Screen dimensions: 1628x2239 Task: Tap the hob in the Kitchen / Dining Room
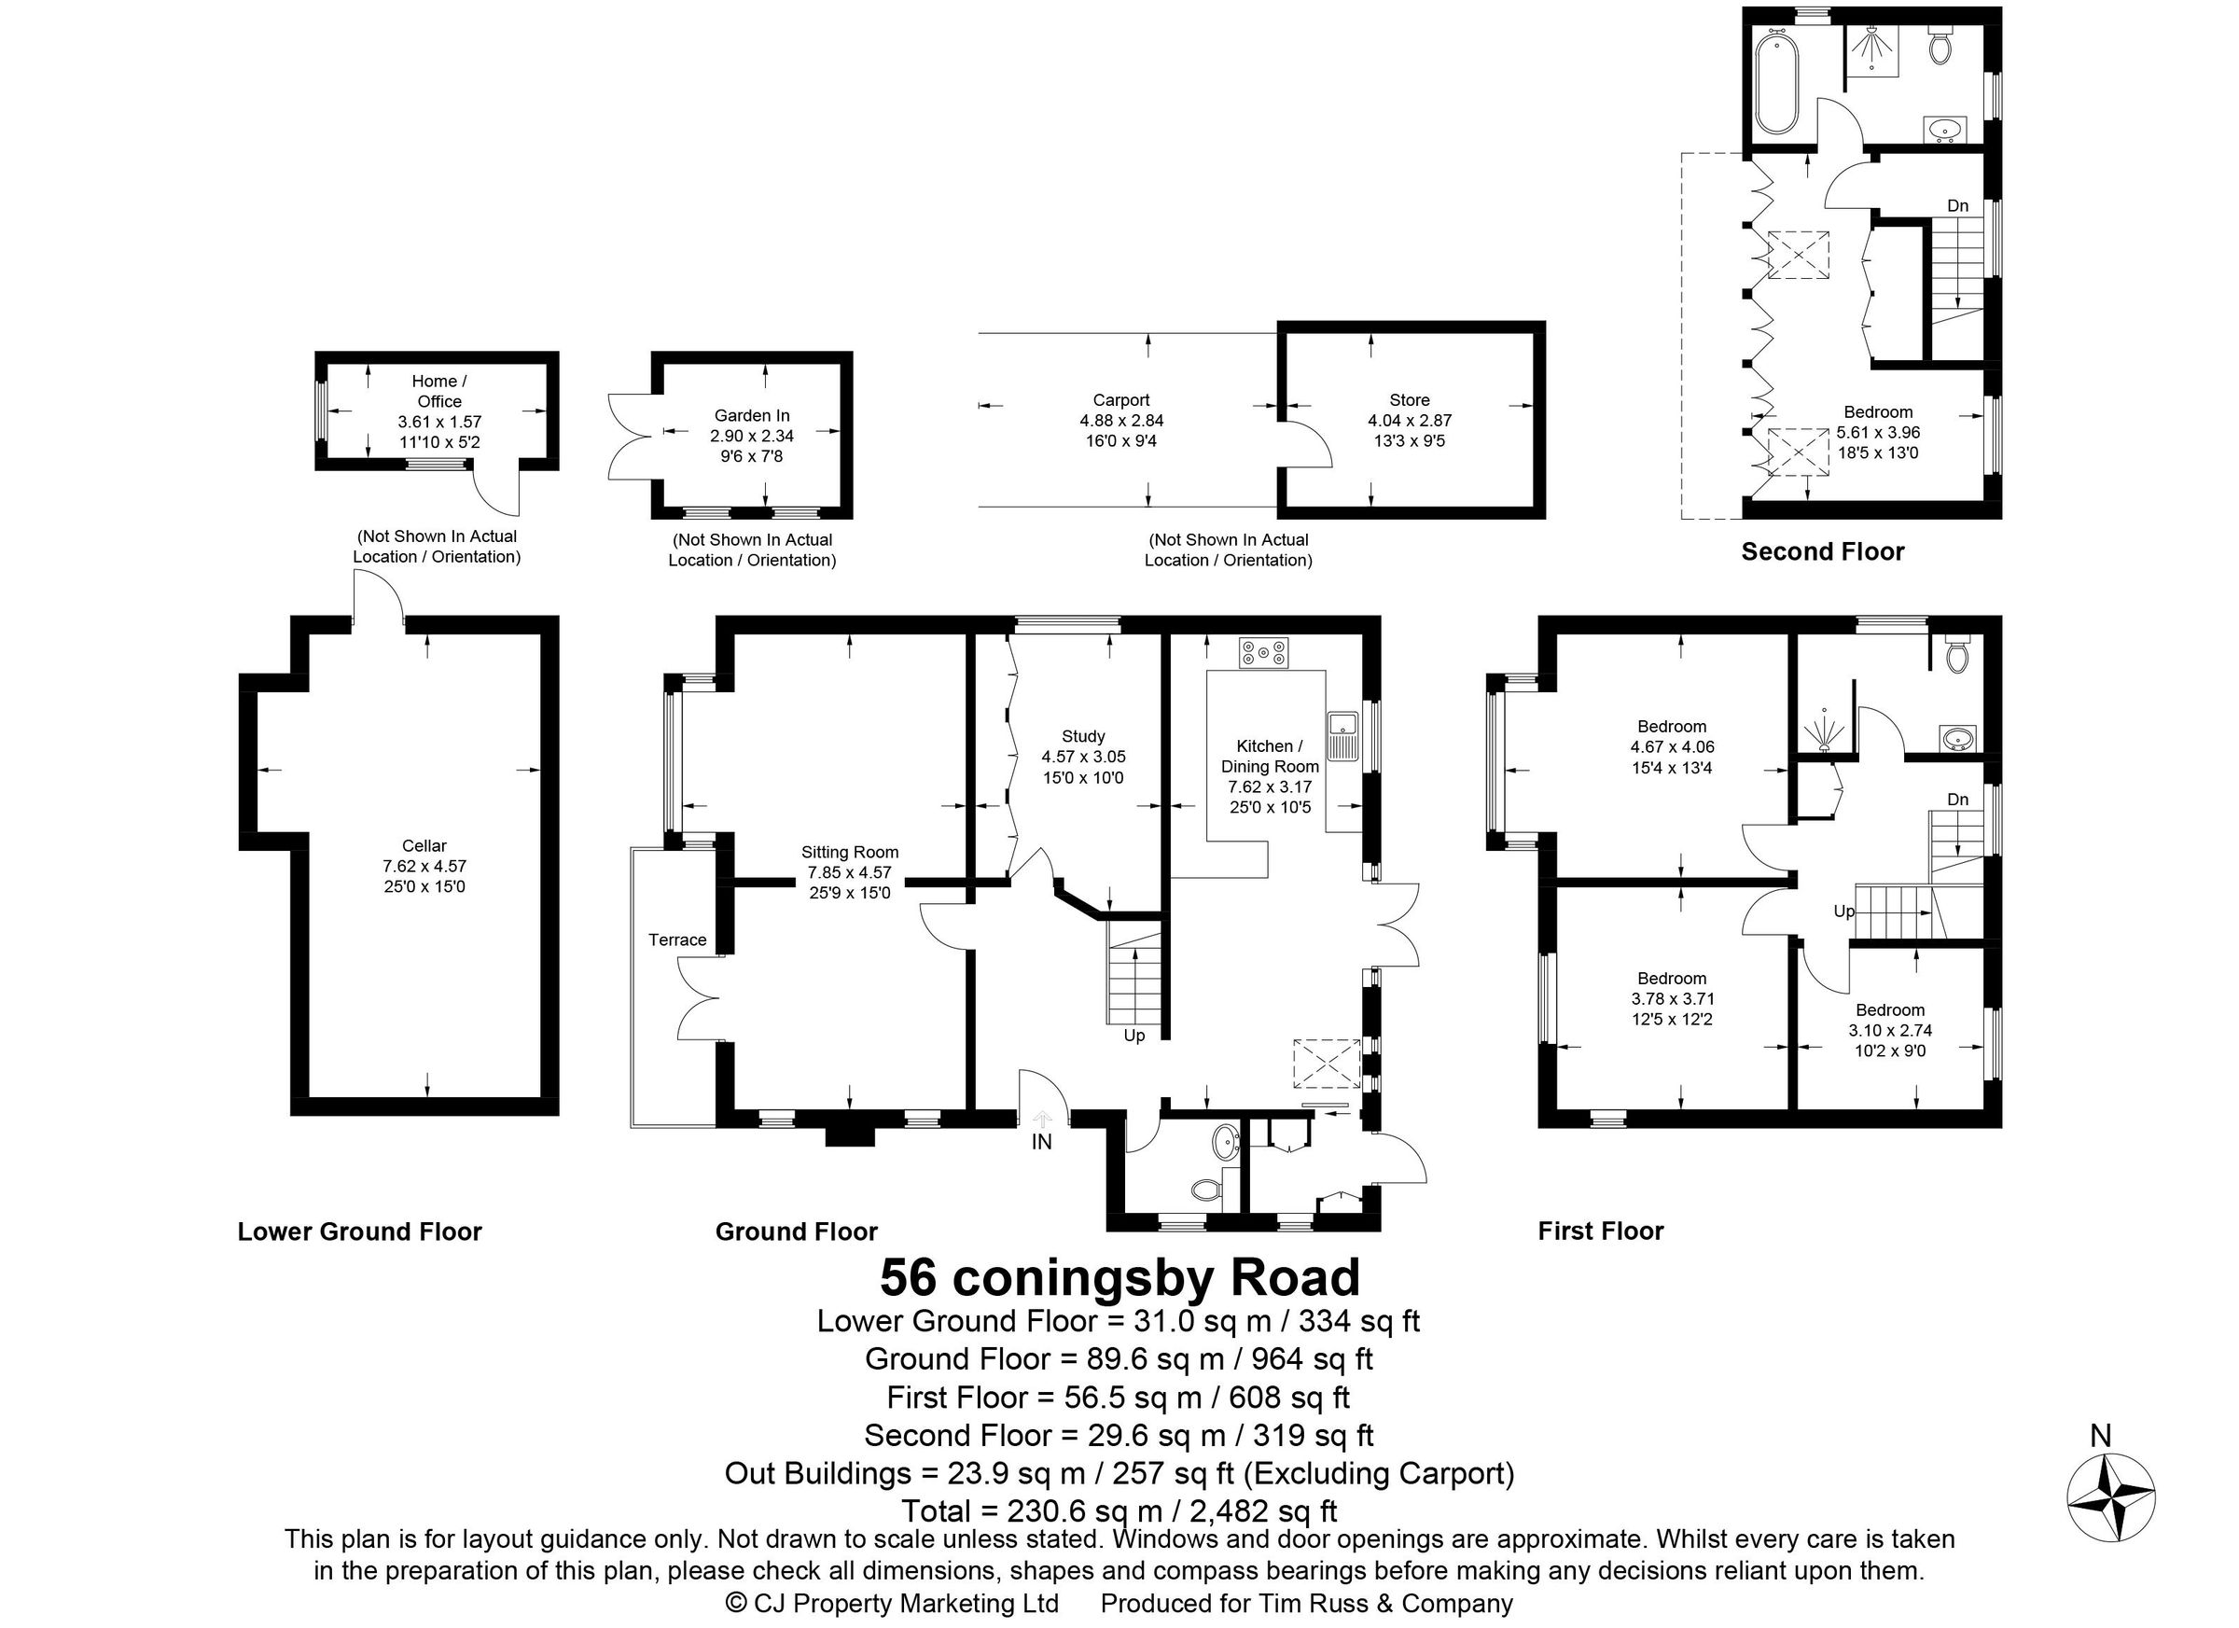1265,651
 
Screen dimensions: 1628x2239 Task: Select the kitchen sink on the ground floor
1342,735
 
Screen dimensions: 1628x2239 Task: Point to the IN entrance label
1041,1142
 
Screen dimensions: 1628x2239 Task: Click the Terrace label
677,939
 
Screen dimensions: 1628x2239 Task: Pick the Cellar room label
424,846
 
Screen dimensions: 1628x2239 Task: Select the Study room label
1083,736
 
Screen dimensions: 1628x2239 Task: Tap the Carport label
1120,400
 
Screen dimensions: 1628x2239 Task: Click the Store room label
1409,400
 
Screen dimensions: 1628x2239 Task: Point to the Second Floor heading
1821,552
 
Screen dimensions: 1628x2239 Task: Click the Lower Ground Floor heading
359,1231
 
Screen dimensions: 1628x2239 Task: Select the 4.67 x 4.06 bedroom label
1672,728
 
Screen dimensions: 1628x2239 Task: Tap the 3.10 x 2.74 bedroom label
1889,1010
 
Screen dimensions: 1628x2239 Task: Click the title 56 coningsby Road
1119,1276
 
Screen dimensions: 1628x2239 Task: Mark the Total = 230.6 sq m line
1119,1510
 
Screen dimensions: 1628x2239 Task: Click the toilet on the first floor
1956,654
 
